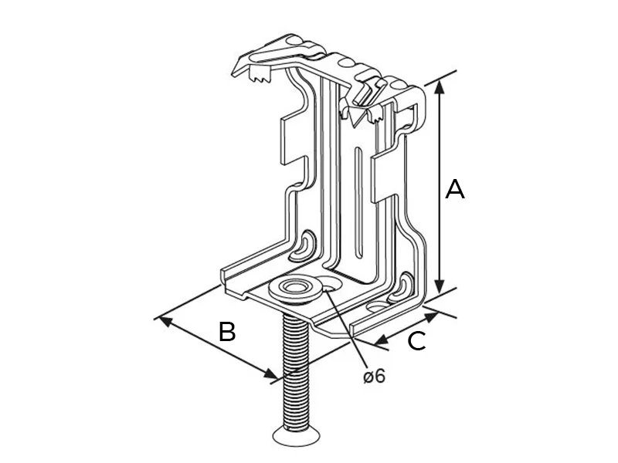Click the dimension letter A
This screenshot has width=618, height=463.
(x=455, y=189)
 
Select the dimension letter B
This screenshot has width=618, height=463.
(x=226, y=332)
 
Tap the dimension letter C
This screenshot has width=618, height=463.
(x=416, y=341)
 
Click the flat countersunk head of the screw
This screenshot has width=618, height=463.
(x=296, y=438)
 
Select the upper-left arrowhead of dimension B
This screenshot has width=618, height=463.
(x=164, y=319)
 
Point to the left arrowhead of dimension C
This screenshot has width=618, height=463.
(x=379, y=340)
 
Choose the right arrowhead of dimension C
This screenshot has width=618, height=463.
(x=433, y=313)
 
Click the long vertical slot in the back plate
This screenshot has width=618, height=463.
(x=357, y=204)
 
